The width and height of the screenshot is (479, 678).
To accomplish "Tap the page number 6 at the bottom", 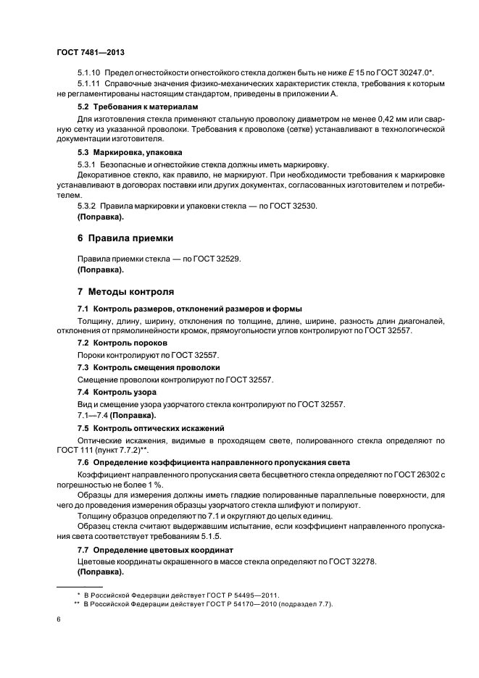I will [59, 619].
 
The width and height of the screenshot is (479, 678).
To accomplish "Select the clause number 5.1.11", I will [91, 84].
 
